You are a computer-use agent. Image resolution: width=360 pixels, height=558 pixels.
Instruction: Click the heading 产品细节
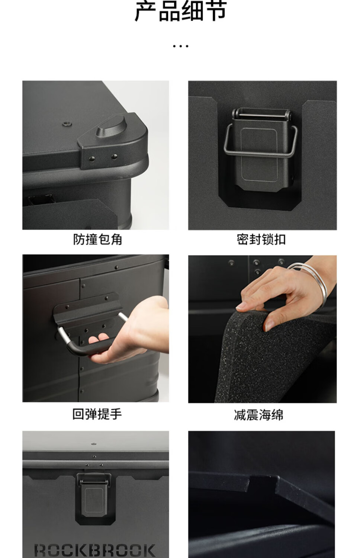click(x=180, y=11)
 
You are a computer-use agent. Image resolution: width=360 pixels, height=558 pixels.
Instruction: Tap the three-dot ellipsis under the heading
click(x=180, y=46)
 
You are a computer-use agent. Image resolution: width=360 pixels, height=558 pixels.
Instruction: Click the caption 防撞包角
click(x=97, y=240)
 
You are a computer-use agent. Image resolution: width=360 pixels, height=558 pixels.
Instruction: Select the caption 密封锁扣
click(x=261, y=240)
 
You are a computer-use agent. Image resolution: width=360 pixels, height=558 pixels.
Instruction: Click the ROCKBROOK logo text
click(x=95, y=550)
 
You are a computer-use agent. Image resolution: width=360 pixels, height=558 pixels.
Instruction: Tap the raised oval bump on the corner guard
click(x=111, y=126)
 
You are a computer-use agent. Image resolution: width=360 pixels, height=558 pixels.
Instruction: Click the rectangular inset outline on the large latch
click(x=259, y=155)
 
